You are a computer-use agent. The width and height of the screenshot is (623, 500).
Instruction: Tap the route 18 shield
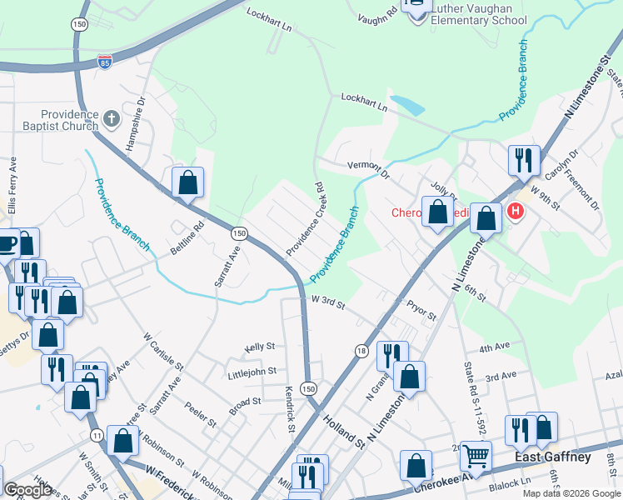click(360, 351)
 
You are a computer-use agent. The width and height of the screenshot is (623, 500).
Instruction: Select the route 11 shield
click(97, 435)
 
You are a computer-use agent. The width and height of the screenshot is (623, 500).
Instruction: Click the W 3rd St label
click(328, 302)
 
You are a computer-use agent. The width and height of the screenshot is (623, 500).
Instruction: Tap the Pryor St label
click(421, 311)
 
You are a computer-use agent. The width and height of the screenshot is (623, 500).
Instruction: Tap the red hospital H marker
click(516, 212)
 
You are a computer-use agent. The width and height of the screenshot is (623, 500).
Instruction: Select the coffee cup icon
click(7, 243)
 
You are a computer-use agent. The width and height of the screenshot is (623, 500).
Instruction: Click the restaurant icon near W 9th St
click(524, 159)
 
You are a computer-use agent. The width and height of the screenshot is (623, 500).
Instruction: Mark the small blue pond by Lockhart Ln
click(406, 106)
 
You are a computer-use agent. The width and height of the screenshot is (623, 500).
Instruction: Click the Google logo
click(27, 489)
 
